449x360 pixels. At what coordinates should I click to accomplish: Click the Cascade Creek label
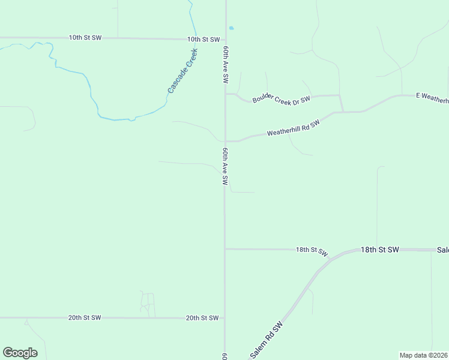point(183,71)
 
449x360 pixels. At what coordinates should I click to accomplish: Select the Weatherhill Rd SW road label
point(294,127)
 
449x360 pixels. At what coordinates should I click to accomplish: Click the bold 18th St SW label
point(380,249)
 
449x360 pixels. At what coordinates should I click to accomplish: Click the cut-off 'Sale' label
point(442,249)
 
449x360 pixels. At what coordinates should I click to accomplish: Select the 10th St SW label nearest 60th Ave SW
point(202,39)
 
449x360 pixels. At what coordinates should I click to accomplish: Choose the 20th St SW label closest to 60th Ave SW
point(202,317)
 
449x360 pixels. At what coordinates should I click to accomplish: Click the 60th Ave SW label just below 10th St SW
point(226,64)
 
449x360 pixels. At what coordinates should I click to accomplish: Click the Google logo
point(20,353)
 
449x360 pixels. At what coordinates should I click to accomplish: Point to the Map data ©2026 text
point(424,355)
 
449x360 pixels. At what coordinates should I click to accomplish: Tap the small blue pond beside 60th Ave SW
point(231,28)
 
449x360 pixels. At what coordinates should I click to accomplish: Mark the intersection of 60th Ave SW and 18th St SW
point(225,248)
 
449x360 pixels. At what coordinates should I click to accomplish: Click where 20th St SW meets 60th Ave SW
point(225,317)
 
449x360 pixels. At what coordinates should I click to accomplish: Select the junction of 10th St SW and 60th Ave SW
point(226,40)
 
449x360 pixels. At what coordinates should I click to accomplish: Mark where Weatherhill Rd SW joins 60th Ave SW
point(226,141)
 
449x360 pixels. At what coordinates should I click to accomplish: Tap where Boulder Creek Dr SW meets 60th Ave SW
point(226,94)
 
